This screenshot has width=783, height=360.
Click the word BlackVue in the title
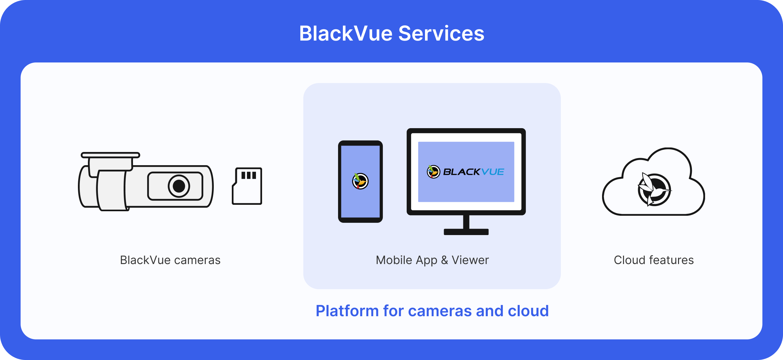tap(346, 33)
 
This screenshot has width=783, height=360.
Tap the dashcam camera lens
tap(179, 186)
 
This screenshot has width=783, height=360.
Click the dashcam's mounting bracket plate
tap(110, 155)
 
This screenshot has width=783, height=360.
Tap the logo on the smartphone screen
tap(360, 181)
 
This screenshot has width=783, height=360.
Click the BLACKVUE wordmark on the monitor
tap(474, 172)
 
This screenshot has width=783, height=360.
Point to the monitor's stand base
tap(466, 232)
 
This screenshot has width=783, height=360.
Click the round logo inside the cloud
tap(654, 190)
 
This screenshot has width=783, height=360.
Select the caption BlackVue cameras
tap(170, 260)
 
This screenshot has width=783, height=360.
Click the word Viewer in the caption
tap(470, 260)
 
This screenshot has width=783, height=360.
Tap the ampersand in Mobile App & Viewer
tap(445, 260)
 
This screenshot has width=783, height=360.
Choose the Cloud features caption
tap(654, 260)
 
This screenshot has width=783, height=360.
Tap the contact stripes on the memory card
tap(249, 175)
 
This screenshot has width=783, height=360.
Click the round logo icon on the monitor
tap(433, 172)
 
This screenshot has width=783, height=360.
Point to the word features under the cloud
tap(671, 260)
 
